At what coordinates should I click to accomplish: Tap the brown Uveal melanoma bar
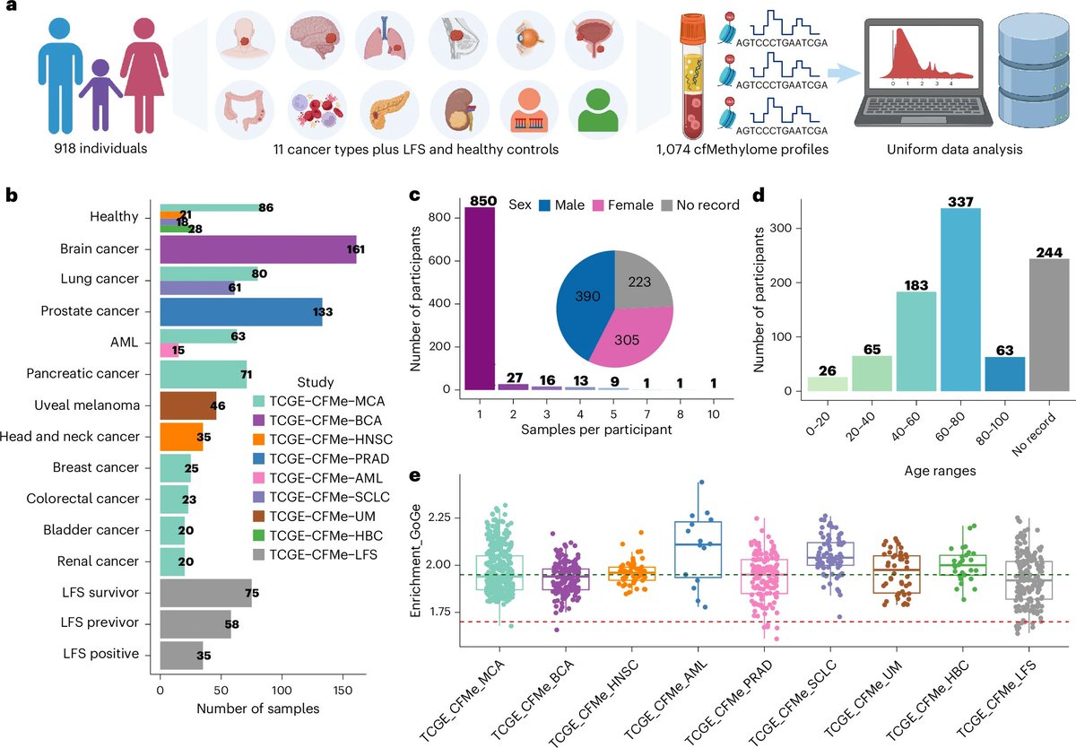[187, 405]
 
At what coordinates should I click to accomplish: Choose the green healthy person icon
[600, 109]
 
